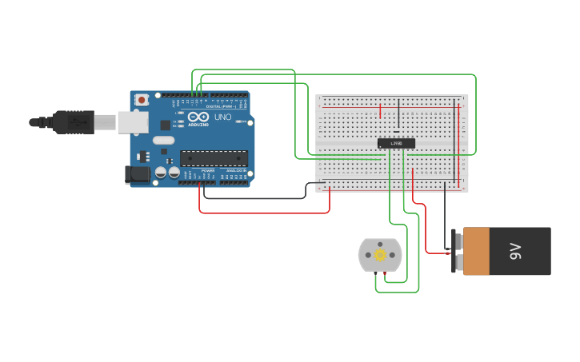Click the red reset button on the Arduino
tap(142, 100)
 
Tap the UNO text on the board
tap(223, 117)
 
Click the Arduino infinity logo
tap(198, 117)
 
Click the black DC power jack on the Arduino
tap(138, 174)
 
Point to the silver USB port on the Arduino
tap(133, 121)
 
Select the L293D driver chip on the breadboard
tap(396, 143)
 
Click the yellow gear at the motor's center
tap(381, 255)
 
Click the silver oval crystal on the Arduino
tap(164, 141)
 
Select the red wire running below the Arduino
tap(264, 213)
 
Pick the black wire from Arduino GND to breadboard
tap(256, 197)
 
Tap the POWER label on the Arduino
tap(207, 170)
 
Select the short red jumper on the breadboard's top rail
tap(380, 110)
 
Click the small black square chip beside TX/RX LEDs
tap(166, 125)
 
